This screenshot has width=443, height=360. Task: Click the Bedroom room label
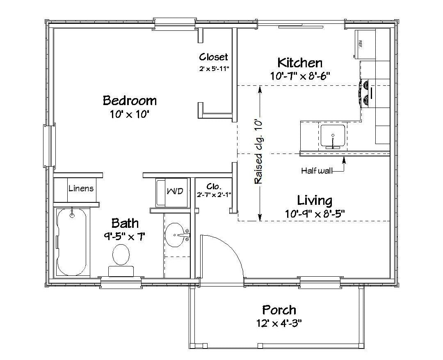coord(130,101)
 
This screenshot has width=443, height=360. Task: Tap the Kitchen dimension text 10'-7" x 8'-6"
coord(300,76)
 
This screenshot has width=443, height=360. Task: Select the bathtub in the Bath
coord(72,242)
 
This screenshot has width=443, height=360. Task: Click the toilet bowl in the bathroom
coord(121,255)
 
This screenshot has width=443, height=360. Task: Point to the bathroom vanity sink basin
coord(175,235)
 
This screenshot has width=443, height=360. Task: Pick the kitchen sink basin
coord(333,137)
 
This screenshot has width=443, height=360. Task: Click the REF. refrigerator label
coord(360,44)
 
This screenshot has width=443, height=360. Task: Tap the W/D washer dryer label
coord(175,191)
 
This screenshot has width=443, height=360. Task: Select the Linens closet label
coord(81,188)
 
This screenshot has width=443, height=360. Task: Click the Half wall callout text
coord(317,171)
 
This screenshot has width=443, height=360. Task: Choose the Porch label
coord(279,310)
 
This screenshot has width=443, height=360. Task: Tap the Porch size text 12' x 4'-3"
coord(279,323)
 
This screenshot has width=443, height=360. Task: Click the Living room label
coord(315,200)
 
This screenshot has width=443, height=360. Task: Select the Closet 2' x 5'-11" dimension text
coord(214,69)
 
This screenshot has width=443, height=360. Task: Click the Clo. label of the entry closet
coord(214,187)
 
